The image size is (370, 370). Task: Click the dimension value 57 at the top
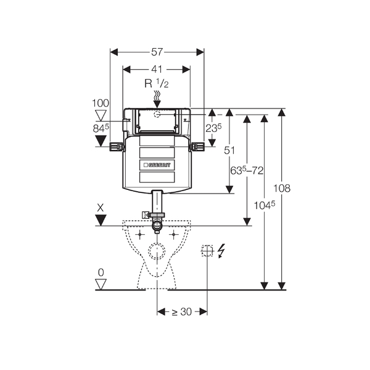(x=157, y=52)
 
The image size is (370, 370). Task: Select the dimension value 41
(x=157, y=69)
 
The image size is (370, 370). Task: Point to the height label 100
(x=101, y=103)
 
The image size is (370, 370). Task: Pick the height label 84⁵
(x=101, y=128)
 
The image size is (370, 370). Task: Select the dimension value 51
(x=229, y=150)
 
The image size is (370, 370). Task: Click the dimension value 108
(x=282, y=188)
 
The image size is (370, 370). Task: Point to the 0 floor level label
(x=101, y=272)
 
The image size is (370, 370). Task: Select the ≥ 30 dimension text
(x=182, y=312)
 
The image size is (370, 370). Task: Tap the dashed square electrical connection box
(x=207, y=250)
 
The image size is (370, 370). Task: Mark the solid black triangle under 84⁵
(x=101, y=141)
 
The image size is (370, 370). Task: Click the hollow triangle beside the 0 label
(x=101, y=284)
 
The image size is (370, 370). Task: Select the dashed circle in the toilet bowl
(x=157, y=252)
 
